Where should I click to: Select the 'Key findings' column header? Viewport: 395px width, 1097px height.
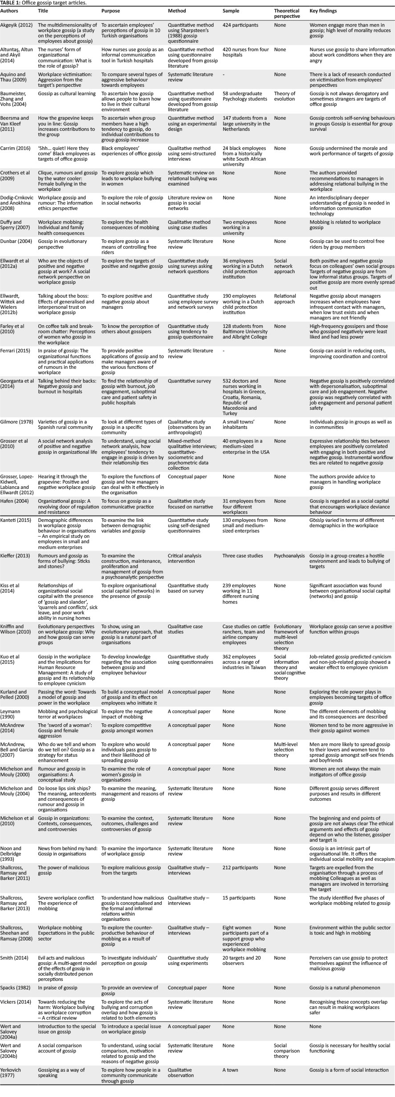click(x=323, y=11)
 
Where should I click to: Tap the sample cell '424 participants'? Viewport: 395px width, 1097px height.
click(x=240, y=25)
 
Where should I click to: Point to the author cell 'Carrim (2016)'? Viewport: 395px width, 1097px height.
click(x=15, y=148)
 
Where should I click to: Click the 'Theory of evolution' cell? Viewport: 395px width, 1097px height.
click(x=285, y=96)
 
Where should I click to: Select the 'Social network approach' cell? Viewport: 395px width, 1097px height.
click(x=284, y=266)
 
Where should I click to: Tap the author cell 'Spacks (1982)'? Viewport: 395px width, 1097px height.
click(x=16, y=988)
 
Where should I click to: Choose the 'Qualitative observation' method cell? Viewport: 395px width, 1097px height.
click(x=180, y=1073)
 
